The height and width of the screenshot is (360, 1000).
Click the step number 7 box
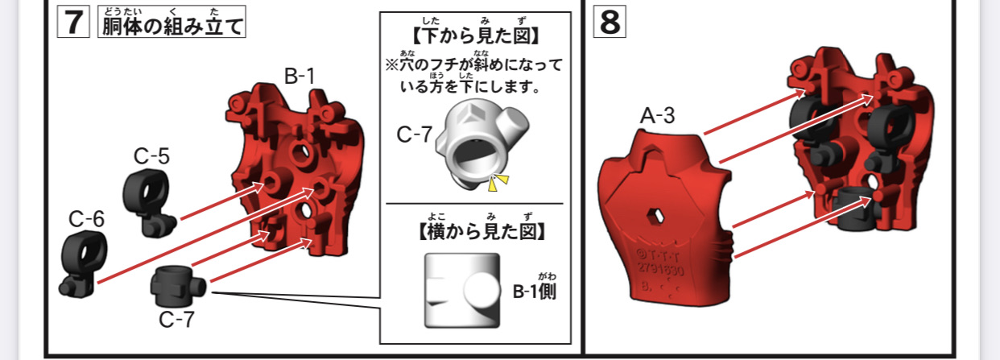[73, 22]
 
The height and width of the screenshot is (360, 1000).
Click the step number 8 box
[610, 22]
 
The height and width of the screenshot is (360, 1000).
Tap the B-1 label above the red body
[300, 77]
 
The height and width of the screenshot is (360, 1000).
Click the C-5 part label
[152, 156]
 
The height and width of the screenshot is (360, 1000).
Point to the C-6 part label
[86, 219]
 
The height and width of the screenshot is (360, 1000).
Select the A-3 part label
[657, 116]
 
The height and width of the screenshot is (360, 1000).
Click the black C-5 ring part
[149, 202]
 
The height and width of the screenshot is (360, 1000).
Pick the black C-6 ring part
[84, 264]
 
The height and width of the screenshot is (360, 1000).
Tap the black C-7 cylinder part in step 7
[178, 285]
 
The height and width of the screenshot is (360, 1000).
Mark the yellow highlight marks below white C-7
[498, 183]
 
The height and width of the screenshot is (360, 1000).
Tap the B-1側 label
[535, 292]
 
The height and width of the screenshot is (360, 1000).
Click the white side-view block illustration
[462, 290]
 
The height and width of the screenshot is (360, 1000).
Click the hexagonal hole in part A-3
[655, 216]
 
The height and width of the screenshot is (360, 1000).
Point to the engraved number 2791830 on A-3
[660, 269]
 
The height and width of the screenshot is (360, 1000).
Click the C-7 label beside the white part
[415, 134]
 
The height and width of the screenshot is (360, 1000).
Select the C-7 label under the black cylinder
[177, 320]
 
